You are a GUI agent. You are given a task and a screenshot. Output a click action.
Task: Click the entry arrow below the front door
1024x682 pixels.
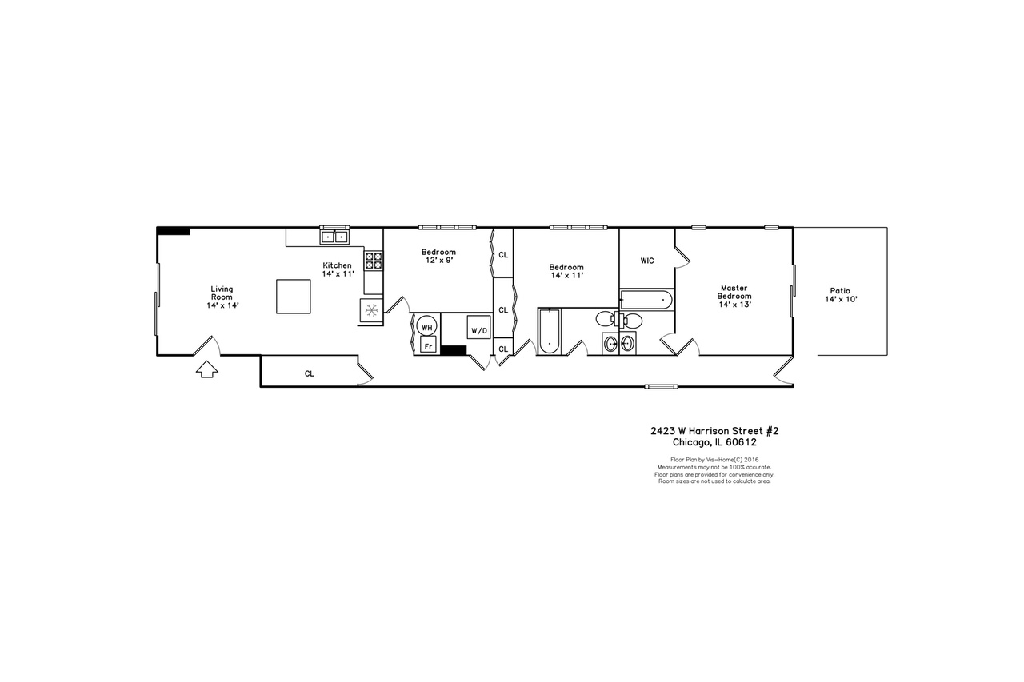pos(207,369)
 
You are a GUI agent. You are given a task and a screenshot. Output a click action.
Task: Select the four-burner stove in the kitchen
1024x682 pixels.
pos(374,261)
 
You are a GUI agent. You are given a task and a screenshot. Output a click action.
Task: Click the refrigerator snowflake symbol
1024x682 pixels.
pos(371,311)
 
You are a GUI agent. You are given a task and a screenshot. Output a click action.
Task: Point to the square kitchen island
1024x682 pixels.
pos(294,297)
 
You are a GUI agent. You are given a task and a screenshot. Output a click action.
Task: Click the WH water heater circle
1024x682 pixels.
pos(426,327)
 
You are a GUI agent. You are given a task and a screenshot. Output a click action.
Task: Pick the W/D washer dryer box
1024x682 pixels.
pos(478,327)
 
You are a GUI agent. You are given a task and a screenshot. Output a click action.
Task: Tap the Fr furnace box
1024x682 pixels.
pos(428,345)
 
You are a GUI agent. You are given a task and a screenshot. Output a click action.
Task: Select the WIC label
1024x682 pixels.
pos(647,261)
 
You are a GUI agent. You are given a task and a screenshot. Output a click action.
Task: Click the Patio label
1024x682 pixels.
pos(840,291)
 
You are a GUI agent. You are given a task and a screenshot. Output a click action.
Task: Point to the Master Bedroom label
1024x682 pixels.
pos(734,293)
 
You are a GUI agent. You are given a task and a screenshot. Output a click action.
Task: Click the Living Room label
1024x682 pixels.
pos(222,293)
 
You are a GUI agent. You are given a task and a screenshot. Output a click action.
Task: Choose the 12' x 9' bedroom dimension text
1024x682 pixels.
pos(439,261)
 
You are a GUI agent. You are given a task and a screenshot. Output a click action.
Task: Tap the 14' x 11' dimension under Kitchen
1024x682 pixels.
pos(338,274)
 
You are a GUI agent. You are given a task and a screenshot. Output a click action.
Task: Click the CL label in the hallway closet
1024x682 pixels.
pos(310,373)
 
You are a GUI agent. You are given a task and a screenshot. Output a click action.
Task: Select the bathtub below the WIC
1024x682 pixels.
pos(646,300)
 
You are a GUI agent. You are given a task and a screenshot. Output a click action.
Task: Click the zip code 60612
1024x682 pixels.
pos(741,442)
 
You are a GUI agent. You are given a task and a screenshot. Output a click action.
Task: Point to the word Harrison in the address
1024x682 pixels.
pos(710,431)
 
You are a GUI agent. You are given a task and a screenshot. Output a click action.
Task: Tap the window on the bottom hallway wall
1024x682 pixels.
pos(661,387)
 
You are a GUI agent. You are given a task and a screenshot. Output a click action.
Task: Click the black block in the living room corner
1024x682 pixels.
pos(174,231)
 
